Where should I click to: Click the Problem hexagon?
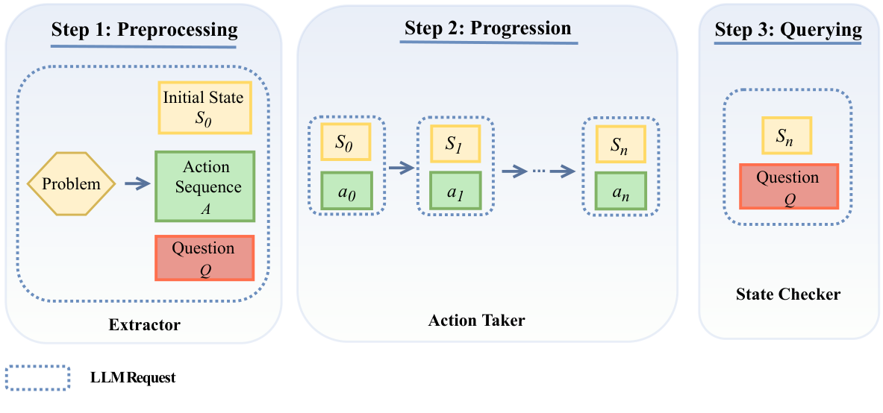coord(71,183)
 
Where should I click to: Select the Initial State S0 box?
coord(204,107)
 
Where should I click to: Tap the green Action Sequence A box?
coord(205,186)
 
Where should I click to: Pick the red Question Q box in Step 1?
coord(204,258)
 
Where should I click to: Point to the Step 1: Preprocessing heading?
coord(144,31)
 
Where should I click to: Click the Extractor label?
coord(144,325)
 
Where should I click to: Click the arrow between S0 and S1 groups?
coord(401,169)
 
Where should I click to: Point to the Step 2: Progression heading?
coord(487,29)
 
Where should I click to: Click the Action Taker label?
coord(476,321)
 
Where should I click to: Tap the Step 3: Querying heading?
coord(788,30)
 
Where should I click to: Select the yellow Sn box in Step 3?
coord(786,136)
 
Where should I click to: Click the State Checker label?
coord(789,294)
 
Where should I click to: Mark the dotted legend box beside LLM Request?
coord(38,378)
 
